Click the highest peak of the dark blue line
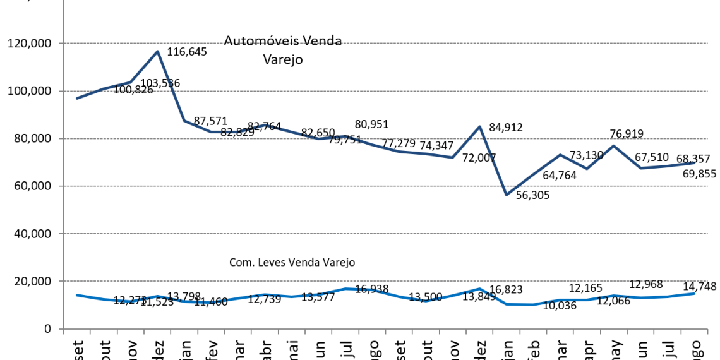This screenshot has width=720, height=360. (x=157, y=52)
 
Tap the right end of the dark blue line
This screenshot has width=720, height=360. (x=694, y=163)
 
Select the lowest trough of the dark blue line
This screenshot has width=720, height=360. (x=507, y=194)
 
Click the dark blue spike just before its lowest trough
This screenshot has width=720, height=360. (x=479, y=127)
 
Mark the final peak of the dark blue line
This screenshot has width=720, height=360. (x=613, y=146)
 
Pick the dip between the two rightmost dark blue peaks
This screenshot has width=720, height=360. (x=587, y=169)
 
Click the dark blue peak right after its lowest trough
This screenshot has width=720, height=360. (x=560, y=155)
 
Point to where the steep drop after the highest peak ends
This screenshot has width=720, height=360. (x=184, y=120)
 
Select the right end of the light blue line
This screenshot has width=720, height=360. (x=694, y=293)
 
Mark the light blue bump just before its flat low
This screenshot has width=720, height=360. (x=479, y=289)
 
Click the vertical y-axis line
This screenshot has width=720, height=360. (x=63, y=189)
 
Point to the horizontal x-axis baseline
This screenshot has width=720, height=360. (x=379, y=328)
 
